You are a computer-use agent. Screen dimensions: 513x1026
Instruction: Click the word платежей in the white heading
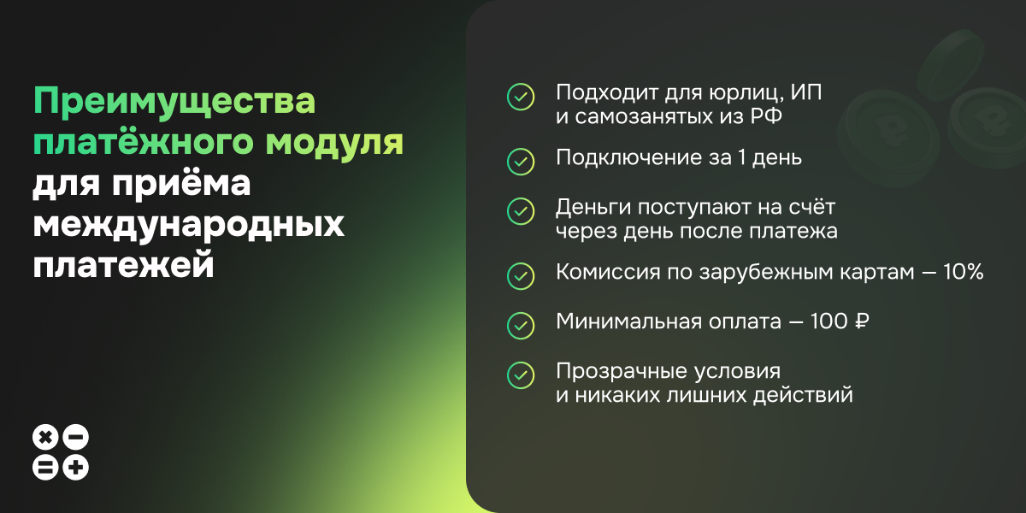122,265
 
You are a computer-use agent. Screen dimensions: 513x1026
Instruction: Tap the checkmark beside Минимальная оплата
521,324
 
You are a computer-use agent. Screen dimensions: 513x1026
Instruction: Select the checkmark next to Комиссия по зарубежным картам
521,274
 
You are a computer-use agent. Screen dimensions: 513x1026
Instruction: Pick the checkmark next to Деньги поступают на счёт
521,209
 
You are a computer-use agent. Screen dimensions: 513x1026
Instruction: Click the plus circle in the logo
76,467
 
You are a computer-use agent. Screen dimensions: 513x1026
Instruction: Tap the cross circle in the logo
45,438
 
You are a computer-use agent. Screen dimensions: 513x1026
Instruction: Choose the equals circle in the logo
45,467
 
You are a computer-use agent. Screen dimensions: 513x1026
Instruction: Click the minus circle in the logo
76,438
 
